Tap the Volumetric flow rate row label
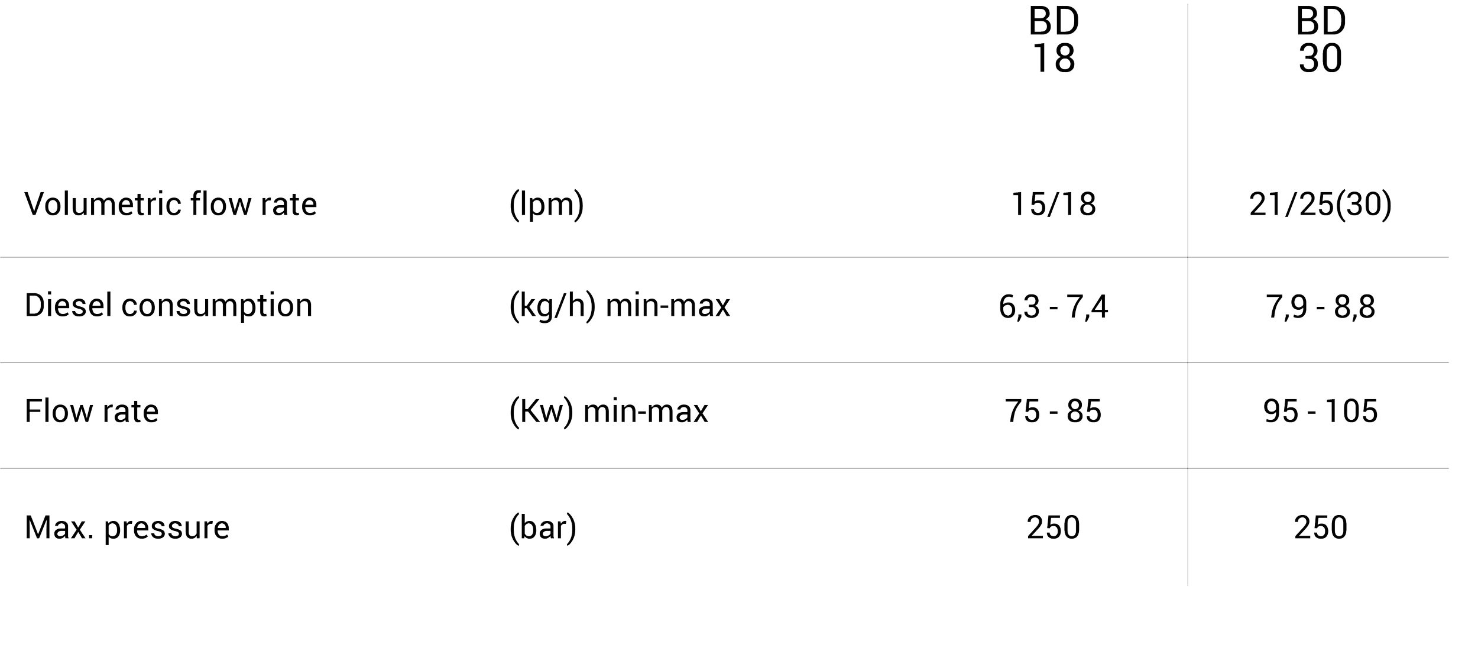[x=171, y=205]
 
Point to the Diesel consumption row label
[x=168, y=306]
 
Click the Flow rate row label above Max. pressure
[x=92, y=411]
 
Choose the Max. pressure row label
[x=127, y=527]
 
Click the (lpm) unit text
[x=546, y=205]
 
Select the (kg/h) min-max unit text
[x=620, y=306]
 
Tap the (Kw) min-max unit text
[x=608, y=411]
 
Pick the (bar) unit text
[x=542, y=527]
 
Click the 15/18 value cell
[x=1054, y=205]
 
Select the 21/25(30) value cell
[x=1320, y=205]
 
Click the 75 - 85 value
[x=1054, y=411]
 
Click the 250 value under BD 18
[x=1054, y=527]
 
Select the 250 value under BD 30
[x=1321, y=527]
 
